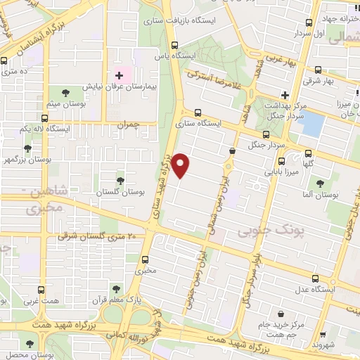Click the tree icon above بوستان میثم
(x=65, y=92)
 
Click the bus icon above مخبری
(x=145, y=259)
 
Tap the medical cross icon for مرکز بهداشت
(x=284, y=95)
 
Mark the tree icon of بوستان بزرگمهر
(x=27, y=148)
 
